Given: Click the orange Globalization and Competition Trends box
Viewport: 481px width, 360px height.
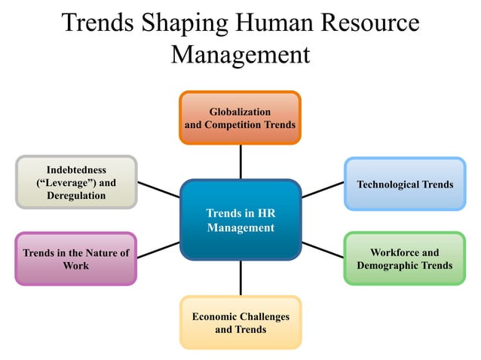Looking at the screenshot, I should coord(240,117).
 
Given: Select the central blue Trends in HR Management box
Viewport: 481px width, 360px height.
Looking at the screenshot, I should coord(240,220).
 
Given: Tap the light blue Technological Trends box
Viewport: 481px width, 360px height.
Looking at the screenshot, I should coord(405,184).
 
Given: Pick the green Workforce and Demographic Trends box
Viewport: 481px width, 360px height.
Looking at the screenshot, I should coord(405,258).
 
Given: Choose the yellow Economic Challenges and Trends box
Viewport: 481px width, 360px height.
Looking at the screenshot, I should coord(240,322).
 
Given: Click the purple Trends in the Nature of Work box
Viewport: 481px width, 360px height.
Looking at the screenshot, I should coord(76,258).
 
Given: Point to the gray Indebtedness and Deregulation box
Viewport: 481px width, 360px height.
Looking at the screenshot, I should coord(76,182).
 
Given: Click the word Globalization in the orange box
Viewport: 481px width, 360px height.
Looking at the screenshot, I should coord(240,111).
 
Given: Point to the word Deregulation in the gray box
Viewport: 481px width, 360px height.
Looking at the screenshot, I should coord(76,196).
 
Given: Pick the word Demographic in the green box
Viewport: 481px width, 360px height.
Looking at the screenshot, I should coord(387,265).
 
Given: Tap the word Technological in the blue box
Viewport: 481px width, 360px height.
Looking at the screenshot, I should coord(388,184).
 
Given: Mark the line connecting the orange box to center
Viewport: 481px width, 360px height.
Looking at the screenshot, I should coord(240,161).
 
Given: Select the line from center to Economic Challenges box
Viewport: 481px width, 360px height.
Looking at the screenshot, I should coord(240,277).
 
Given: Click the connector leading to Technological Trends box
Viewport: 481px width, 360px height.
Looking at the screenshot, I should coord(323,189).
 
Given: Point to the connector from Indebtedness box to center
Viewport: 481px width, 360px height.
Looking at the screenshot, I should coord(158,188).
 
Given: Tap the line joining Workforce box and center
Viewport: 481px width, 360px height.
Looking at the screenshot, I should coord(323,249).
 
